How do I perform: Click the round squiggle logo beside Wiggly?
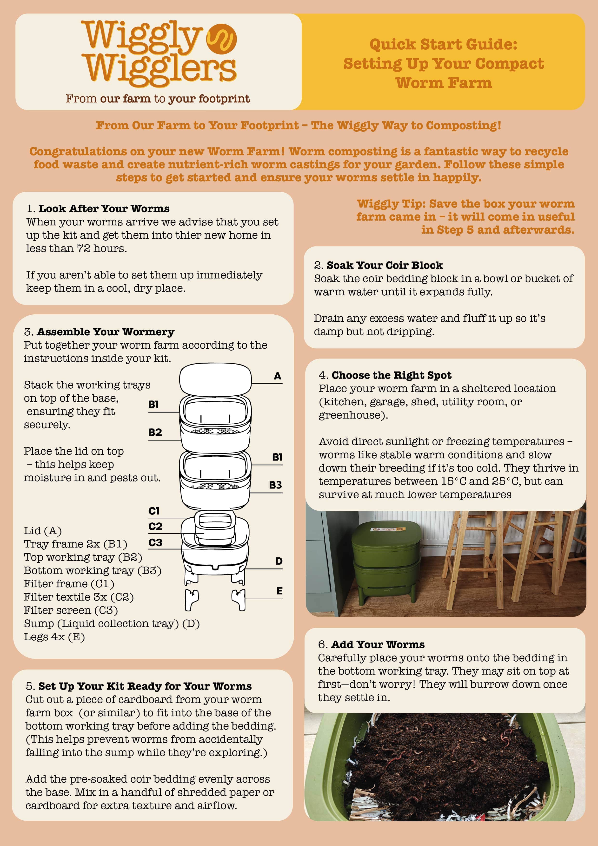pyautogui.click(x=221, y=39)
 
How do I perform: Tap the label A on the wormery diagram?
pyautogui.click(x=277, y=376)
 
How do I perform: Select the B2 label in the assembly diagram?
pyautogui.click(x=155, y=432)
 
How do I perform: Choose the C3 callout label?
pyautogui.click(x=155, y=542)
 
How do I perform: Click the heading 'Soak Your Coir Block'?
pyautogui.click(x=385, y=265)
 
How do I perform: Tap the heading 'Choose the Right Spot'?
pyautogui.click(x=392, y=375)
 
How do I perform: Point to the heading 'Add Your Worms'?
pyautogui.click(x=378, y=644)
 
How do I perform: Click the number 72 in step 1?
pyautogui.click(x=84, y=248)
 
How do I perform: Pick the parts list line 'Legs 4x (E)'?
pyautogui.click(x=54, y=637)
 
